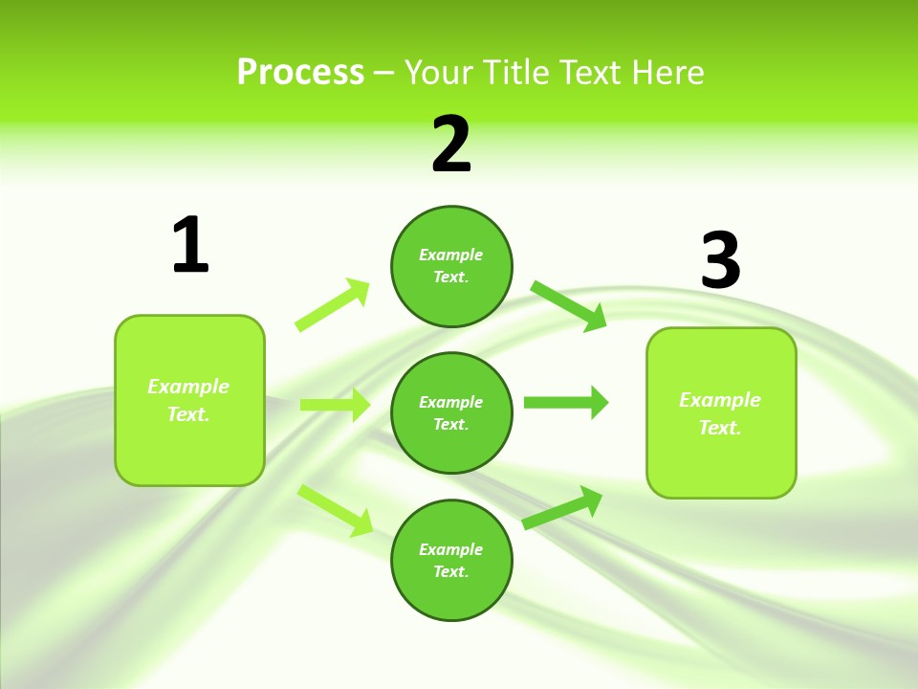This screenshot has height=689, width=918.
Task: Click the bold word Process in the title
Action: pos(300,73)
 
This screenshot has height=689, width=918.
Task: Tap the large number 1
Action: pos(190,246)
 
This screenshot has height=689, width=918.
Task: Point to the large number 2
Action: pos(451,144)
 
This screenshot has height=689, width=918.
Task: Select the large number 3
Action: pos(720,261)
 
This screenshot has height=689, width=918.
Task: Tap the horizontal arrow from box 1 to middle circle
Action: pos(335,405)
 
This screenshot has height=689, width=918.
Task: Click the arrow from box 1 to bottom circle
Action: pos(336,510)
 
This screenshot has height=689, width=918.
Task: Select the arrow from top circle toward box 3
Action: pos(569,305)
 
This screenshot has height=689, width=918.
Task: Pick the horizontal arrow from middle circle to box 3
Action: pos(565,402)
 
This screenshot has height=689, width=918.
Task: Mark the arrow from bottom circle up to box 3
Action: pos(562,508)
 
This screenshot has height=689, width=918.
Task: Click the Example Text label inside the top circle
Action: pos(451,266)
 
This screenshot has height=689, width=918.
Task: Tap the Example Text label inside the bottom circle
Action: pos(451,561)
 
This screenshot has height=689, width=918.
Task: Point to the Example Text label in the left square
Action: pos(188,400)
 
